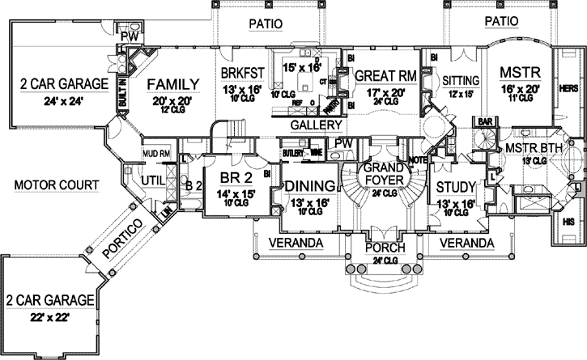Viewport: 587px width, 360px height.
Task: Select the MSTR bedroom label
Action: (x=514, y=71)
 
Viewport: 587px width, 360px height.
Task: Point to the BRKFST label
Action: (x=243, y=72)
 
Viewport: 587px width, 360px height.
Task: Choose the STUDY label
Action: (x=454, y=187)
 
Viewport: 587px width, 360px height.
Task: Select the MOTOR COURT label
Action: (x=57, y=186)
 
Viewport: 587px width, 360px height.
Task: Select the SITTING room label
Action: (x=462, y=80)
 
